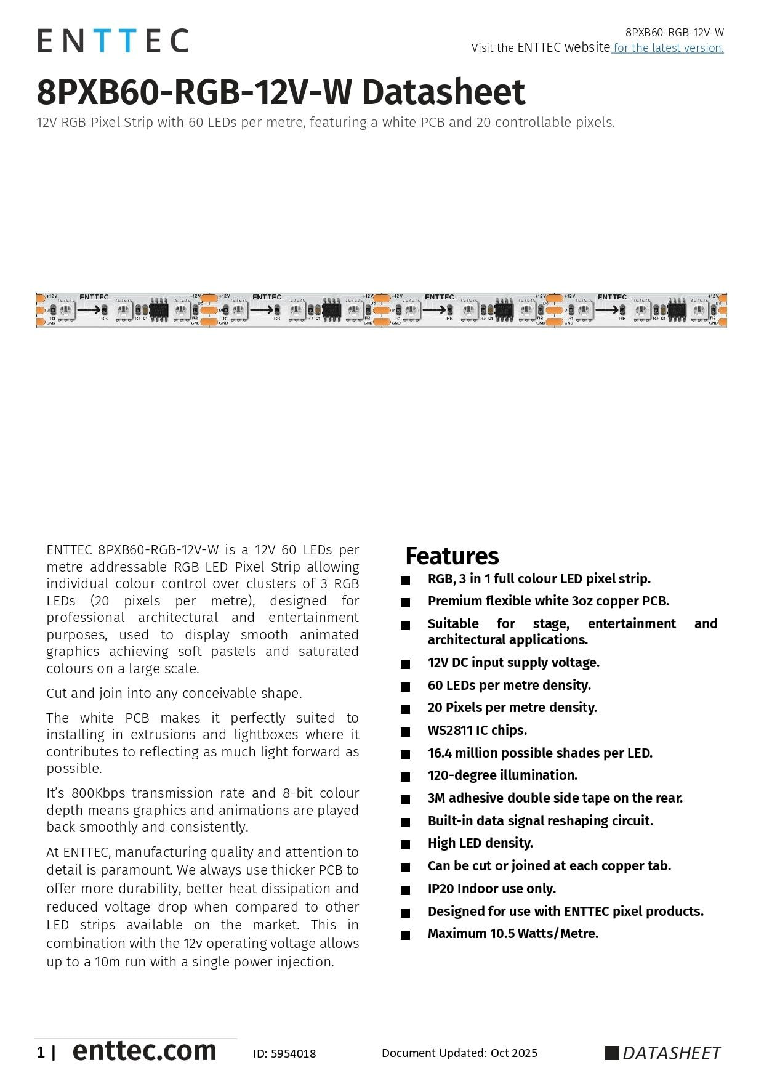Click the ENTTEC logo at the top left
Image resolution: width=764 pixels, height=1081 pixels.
click(x=113, y=41)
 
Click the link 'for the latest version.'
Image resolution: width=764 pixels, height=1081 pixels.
click(x=668, y=48)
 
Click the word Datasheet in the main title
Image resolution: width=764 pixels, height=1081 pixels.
click(x=443, y=92)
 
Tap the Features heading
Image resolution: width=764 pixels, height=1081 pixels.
click(x=452, y=556)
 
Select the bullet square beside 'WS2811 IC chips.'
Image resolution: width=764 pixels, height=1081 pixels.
click(x=405, y=732)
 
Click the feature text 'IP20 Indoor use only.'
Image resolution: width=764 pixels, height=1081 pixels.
click(x=491, y=888)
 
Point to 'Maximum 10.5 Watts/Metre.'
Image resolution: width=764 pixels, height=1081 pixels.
click(x=513, y=934)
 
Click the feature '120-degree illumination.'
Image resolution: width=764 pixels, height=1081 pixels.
click(x=502, y=775)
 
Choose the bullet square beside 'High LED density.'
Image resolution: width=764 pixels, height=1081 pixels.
click(x=405, y=844)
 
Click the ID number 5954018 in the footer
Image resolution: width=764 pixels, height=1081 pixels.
click(x=293, y=1054)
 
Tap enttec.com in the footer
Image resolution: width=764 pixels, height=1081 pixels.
click(x=144, y=1051)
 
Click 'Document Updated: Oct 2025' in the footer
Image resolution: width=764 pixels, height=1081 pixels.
click(x=459, y=1053)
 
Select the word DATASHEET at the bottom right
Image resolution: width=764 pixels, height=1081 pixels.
click(x=671, y=1053)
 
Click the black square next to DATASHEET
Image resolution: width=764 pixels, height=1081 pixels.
click(x=612, y=1053)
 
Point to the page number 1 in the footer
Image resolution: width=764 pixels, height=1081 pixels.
click(x=41, y=1053)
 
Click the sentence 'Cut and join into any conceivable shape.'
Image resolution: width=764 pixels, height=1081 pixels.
click(x=174, y=693)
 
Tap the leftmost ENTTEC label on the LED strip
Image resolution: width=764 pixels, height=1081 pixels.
click(x=94, y=297)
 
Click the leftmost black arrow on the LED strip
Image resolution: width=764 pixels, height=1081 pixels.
click(x=89, y=309)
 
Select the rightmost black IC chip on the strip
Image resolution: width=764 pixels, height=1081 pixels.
click(x=677, y=309)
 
